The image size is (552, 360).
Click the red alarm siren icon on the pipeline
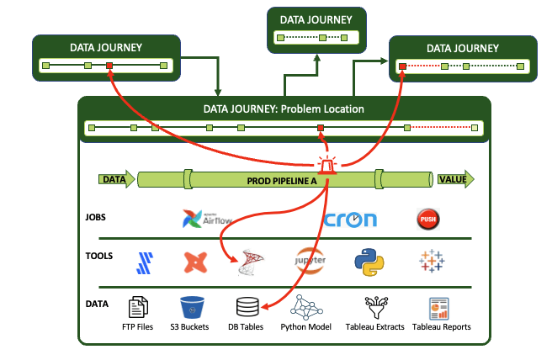[325, 167]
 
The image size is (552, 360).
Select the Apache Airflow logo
[206, 219]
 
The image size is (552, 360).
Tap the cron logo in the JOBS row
[351, 220]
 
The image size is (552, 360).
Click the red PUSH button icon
[429, 220]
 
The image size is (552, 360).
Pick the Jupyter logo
[309, 262]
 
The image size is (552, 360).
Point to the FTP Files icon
[138, 307]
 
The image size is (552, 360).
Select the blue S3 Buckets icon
[194, 307]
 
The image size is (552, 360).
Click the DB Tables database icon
[247, 307]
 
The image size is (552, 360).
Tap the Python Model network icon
[305, 307]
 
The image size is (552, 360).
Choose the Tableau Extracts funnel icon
[374, 307]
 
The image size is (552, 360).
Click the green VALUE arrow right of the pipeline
[455, 179]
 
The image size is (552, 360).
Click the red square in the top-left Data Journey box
[109, 64]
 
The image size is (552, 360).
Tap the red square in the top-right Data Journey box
[403, 66]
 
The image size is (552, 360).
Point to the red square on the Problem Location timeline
[320, 128]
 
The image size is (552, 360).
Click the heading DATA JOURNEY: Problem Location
[284, 109]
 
